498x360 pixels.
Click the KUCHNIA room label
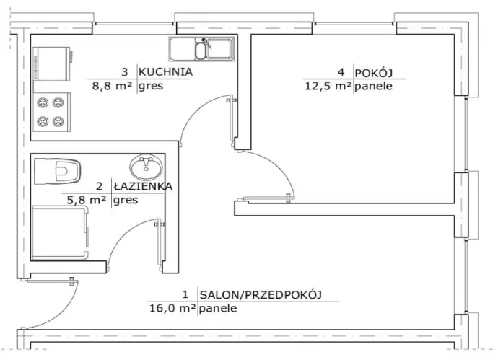coord(165,71)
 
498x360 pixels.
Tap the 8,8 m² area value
coord(112,86)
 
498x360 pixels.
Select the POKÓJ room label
coord(374,73)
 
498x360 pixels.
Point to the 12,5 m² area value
coord(328,86)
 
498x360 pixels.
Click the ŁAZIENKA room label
coord(143,185)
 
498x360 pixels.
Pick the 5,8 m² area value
coord(87,200)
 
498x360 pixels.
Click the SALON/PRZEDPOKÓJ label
coord(261,295)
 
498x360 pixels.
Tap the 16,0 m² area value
coord(172,308)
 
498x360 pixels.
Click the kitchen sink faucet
coord(206,43)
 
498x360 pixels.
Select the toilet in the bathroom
coord(57,172)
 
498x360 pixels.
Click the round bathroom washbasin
coord(146,167)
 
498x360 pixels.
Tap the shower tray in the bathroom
coord(60,232)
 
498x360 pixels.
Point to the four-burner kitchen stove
coord(52,112)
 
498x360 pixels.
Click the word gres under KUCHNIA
coord(151,87)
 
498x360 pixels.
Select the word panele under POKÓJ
coord(374,86)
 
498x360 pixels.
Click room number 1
coord(185,294)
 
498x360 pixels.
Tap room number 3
coord(124,72)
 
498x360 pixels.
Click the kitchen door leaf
coord(232,118)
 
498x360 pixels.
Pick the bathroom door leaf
coord(160,245)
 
